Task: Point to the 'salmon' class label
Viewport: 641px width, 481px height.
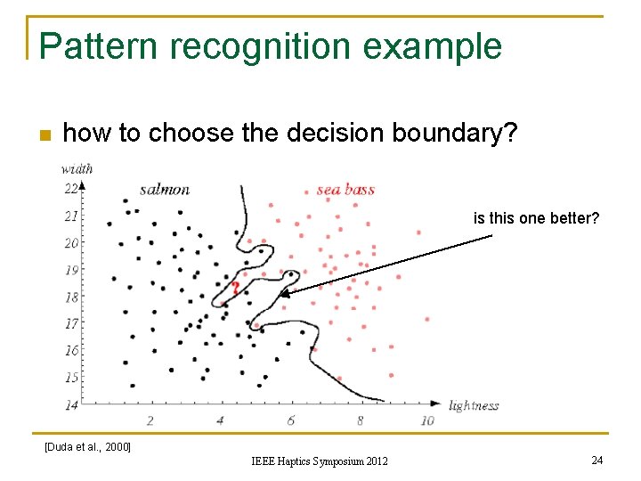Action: (x=165, y=189)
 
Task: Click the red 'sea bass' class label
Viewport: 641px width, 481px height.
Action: (x=345, y=190)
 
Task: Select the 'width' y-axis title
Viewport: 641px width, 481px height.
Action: (x=77, y=168)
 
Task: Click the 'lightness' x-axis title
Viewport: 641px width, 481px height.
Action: (x=474, y=406)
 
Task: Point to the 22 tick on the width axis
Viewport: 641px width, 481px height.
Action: (x=70, y=188)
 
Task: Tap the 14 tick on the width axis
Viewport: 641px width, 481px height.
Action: (x=70, y=405)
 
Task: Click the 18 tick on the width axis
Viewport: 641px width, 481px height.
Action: (x=70, y=298)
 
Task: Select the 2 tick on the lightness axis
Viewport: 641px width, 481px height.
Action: (x=150, y=420)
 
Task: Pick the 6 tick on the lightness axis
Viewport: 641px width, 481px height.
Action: (x=290, y=420)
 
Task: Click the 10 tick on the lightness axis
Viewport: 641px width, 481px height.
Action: (x=427, y=420)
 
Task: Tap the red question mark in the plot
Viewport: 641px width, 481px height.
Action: (x=235, y=288)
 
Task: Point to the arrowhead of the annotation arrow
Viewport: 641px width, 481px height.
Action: (x=284, y=293)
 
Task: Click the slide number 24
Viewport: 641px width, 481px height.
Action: (x=597, y=460)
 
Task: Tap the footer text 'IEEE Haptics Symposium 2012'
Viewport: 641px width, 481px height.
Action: (x=319, y=461)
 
